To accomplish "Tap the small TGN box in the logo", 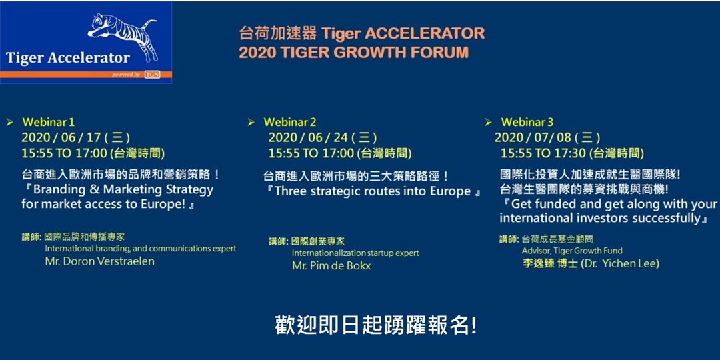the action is coord(152,75).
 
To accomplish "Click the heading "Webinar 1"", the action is coord(48,122).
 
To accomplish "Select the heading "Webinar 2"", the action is coord(290,122).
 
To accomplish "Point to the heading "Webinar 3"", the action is coord(527,122).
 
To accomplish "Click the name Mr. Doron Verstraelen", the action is coord(99,261).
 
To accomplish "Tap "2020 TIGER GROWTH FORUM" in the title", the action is coord(354,52).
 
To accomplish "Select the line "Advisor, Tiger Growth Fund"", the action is coord(572,251).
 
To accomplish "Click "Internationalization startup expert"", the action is coord(355,253).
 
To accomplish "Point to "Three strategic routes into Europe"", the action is coord(373,191).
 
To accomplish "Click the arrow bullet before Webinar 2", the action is coord(251,122).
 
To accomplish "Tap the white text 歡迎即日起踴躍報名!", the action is coord(375,325).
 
